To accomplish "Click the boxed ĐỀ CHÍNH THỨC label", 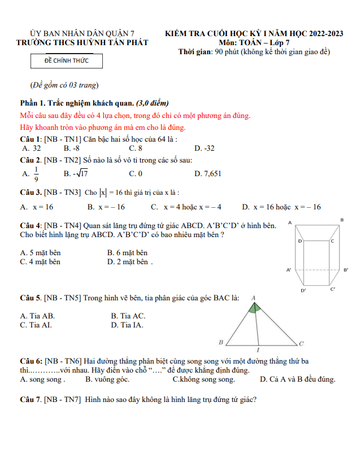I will point(67,60).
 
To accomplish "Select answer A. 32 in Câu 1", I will point(31,148).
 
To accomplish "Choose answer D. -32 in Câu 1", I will point(205,148).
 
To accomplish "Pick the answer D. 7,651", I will point(208,173).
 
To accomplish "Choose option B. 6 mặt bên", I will point(127,253).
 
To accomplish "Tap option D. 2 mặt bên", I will point(129,261).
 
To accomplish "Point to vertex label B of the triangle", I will point(221,342).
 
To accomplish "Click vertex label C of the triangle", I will point(301,343).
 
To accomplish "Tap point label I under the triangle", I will point(258,350).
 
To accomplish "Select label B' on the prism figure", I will point(345,270).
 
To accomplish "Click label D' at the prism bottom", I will point(303,290).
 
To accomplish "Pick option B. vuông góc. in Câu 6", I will point(107,379).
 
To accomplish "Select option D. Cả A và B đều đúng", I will point(297,379).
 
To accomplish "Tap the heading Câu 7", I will point(30,400).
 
